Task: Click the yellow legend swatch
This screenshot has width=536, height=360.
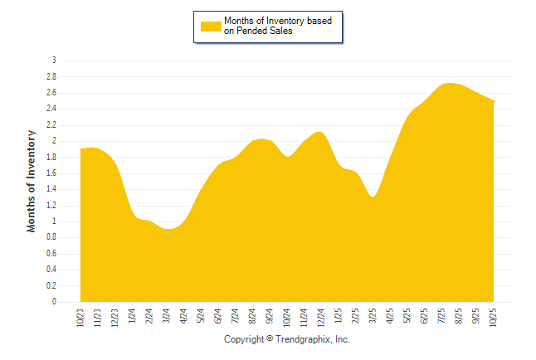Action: pos(211,26)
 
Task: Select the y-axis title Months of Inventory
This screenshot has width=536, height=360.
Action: pos(32,180)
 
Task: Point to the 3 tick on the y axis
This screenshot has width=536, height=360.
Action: pos(54,61)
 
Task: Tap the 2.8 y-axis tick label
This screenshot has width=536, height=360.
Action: pos(51,76)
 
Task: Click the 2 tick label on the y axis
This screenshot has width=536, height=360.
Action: pos(54,141)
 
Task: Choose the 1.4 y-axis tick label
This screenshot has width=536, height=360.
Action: pos(51,189)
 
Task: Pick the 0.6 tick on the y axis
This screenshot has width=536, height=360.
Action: pos(51,254)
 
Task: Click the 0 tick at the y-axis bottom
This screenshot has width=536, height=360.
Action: pos(54,302)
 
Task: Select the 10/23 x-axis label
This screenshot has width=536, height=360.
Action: pos(80,317)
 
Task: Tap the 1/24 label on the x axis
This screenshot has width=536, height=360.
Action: pos(133,316)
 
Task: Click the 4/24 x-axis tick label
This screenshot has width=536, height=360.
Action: pos(184,316)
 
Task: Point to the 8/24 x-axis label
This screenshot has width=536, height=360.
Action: pos(253,316)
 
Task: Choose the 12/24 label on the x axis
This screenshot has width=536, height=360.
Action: pos(322,317)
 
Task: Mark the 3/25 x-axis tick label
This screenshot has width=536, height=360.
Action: pos(373,316)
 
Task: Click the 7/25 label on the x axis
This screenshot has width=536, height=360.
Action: pos(442,316)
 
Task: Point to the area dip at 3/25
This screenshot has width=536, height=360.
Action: pos(373,197)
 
